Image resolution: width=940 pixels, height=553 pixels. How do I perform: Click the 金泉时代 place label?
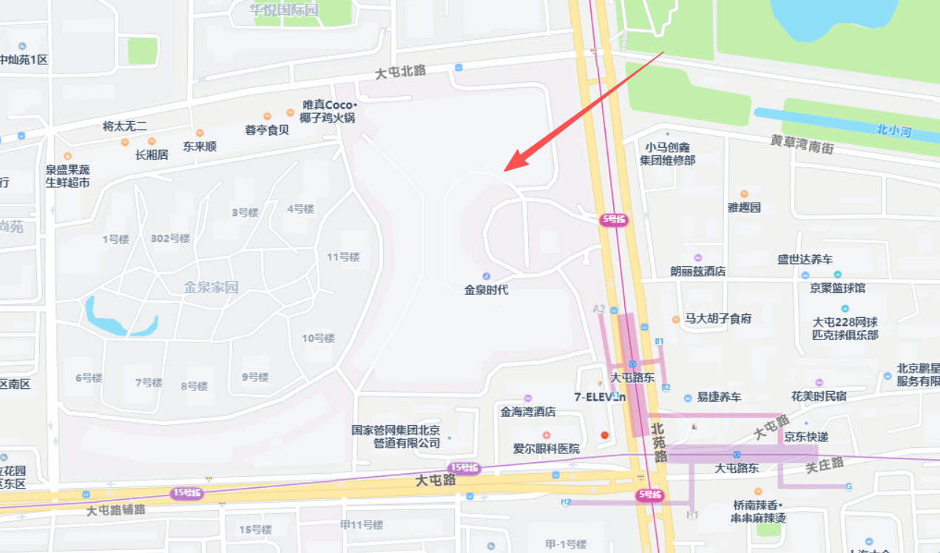tap(486, 290)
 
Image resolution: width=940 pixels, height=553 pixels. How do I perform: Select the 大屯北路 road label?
tap(401, 72)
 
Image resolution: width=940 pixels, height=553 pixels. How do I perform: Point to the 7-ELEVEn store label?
tap(600, 397)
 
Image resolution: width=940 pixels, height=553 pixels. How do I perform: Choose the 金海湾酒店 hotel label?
tap(527, 411)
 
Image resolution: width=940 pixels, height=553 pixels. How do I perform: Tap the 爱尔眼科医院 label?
tap(547, 448)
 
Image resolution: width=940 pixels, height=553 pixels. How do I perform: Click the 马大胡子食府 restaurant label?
tap(717, 319)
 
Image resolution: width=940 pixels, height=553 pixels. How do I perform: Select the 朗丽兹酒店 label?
tap(697, 271)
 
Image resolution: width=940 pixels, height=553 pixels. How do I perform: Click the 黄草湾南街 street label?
tap(802, 143)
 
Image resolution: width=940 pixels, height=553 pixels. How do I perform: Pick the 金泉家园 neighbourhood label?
tap(212, 287)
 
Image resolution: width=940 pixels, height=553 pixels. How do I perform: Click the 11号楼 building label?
tap(343, 257)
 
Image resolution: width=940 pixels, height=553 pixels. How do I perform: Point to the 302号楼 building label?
tap(170, 238)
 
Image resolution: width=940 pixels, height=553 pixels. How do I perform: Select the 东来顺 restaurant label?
tap(200, 146)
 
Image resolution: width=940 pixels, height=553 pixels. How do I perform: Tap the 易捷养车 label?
tap(718, 397)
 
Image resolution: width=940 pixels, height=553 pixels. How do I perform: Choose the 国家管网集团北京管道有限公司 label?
tap(396, 437)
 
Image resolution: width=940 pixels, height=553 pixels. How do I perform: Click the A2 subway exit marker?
tap(599, 308)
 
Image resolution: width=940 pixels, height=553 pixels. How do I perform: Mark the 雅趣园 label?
tap(744, 207)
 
